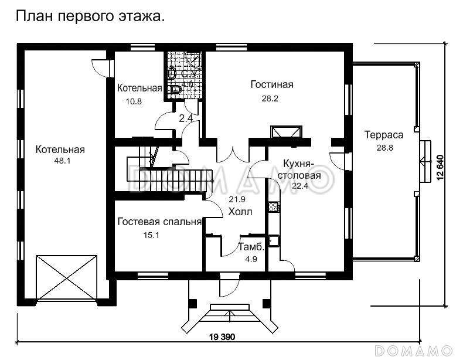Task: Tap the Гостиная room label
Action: [272, 84]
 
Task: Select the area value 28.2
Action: [270, 99]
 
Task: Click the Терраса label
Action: [384, 135]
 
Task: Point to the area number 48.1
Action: [62, 161]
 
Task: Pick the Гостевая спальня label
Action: [159, 222]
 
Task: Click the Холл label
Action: [240, 212]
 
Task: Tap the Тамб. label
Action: [251, 247]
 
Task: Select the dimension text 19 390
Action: [222, 337]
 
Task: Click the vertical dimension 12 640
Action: [440, 168]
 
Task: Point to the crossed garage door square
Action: [67, 278]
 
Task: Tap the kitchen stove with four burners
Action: [274, 207]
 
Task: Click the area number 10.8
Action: [134, 101]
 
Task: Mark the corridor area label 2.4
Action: [186, 118]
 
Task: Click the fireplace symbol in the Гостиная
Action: [287, 132]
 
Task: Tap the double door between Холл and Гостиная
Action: [234, 154]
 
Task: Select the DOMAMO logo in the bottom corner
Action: [413, 351]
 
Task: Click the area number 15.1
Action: [151, 235]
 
